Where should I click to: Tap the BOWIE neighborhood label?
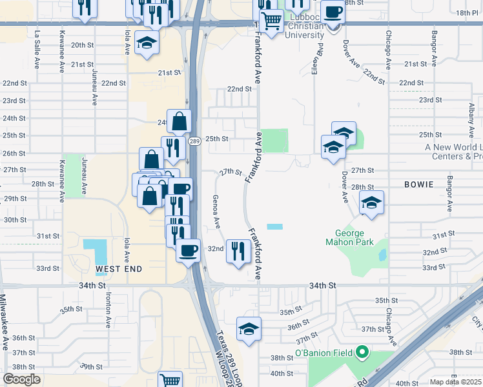(418, 184)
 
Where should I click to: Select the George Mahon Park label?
(354, 237)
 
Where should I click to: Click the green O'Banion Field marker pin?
(362, 352)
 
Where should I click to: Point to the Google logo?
(21, 379)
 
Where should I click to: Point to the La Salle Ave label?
(37, 43)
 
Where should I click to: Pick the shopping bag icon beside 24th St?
(180, 120)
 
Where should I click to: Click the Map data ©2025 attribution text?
(455, 382)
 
